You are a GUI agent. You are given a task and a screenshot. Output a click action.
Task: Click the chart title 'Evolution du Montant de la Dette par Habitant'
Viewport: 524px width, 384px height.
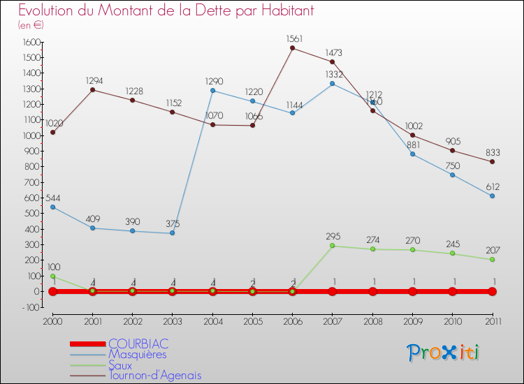pyautogui.click(x=166, y=10)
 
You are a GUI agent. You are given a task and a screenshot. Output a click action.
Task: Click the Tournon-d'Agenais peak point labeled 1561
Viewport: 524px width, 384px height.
pyautogui.click(x=292, y=48)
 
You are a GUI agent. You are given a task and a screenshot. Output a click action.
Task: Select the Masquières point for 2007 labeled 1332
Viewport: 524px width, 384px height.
pyautogui.click(x=332, y=84)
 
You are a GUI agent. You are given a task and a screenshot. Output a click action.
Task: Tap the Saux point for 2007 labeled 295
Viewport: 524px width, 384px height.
pyautogui.click(x=332, y=246)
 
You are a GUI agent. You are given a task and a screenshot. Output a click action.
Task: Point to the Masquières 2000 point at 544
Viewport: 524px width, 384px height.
pyautogui.click(x=52, y=207)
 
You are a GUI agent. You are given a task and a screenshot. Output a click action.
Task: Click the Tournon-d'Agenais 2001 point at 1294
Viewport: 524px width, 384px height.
pyautogui.click(x=92, y=89)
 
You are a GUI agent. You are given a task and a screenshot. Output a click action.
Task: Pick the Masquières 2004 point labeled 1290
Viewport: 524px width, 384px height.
pyautogui.click(x=212, y=90)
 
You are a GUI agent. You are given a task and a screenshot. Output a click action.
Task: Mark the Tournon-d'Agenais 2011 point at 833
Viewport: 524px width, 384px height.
pyautogui.click(x=493, y=162)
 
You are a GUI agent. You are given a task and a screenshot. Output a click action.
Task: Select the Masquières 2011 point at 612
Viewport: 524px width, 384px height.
pyautogui.click(x=493, y=196)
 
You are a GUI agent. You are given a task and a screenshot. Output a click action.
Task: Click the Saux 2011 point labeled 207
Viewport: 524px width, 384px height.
pyautogui.click(x=493, y=260)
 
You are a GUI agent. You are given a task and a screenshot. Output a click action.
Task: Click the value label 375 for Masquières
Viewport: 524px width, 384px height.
pyautogui.click(x=173, y=223)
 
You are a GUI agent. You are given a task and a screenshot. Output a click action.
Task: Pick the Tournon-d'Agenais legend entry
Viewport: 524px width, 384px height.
pyautogui.click(x=154, y=375)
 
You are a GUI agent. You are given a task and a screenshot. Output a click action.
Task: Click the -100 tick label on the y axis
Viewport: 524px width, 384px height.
pyautogui.click(x=29, y=307)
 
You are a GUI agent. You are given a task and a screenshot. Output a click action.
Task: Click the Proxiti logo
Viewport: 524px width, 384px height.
pyautogui.click(x=444, y=353)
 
